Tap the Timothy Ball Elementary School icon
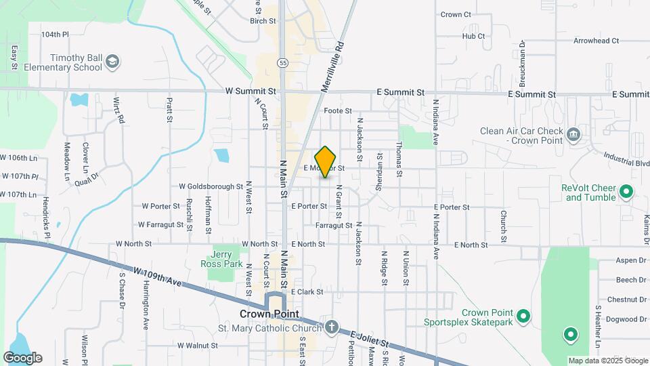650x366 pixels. tap(113, 62)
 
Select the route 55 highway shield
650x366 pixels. tap(282, 62)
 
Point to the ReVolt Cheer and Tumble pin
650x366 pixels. tap(626, 192)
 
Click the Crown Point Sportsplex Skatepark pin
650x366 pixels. tap(523, 316)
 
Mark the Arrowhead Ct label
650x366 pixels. tap(596, 41)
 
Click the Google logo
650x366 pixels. tap(23, 357)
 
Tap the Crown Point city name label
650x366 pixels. tap(269, 314)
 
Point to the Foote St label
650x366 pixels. tap(338, 110)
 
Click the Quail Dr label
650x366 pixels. tap(88, 177)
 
